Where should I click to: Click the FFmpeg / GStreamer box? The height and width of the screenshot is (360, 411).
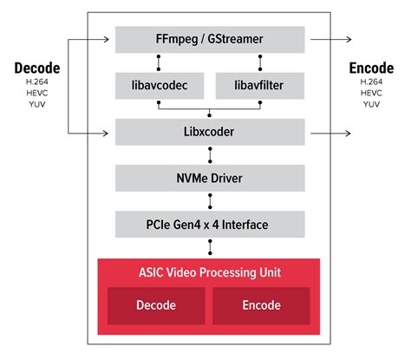209,40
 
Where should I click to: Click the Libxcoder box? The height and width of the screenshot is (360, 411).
209,133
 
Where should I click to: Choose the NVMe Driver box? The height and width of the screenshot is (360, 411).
209,179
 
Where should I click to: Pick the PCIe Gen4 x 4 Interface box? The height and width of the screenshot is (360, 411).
209,225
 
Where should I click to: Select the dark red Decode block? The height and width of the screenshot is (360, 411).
156,305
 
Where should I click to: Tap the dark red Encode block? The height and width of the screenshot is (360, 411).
262,305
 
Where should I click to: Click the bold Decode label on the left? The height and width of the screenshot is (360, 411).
36,69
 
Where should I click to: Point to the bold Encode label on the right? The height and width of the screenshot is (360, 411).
371,69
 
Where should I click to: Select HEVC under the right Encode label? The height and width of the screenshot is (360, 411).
371,93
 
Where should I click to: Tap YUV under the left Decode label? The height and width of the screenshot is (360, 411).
36,104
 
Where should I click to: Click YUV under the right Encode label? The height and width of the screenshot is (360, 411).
371,104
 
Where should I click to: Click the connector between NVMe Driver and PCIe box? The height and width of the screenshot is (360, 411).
209,201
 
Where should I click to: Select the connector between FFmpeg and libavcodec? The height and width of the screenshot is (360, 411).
158,63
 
